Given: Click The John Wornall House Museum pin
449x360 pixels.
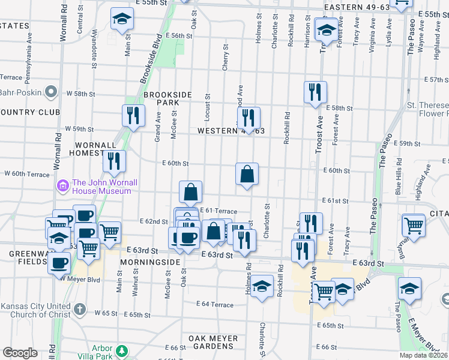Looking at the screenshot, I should pos(62,187).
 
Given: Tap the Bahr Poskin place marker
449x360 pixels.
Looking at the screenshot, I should pos(51,91).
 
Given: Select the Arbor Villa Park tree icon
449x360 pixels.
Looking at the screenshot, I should pos(122,350).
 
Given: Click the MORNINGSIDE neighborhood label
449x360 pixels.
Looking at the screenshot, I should pos(150,263).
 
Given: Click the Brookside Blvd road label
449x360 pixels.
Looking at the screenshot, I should pos(151,62).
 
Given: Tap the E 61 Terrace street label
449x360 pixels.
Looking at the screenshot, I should pos(217,211).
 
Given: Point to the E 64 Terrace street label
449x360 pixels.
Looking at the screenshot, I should pos(214,305).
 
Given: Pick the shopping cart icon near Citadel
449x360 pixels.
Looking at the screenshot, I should pos(414,225).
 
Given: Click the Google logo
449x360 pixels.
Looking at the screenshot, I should pos(20,353).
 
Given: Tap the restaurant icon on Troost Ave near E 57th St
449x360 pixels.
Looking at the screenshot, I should pos(315,92).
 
